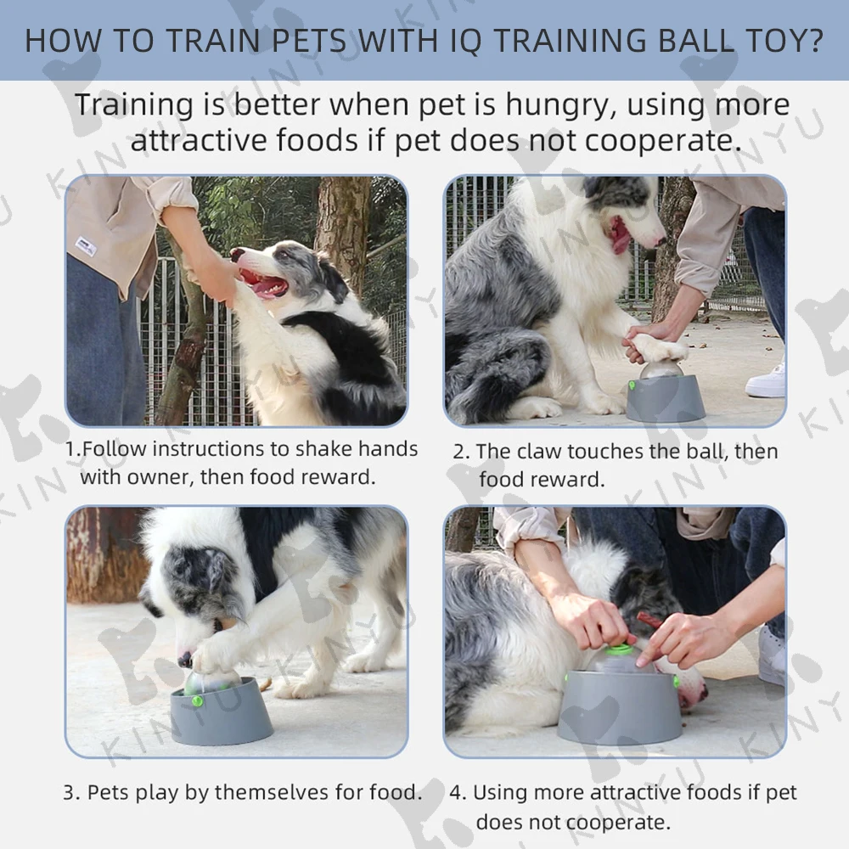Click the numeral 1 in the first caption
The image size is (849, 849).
[70, 449]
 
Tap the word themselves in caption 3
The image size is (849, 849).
[272, 792]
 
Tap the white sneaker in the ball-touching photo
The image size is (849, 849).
[765, 381]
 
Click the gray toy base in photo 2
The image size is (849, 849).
[666, 398]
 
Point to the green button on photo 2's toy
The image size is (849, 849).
[632, 385]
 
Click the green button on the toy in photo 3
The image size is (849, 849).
[197, 702]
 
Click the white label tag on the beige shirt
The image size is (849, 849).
[86, 246]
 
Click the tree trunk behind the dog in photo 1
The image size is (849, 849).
[342, 228]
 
